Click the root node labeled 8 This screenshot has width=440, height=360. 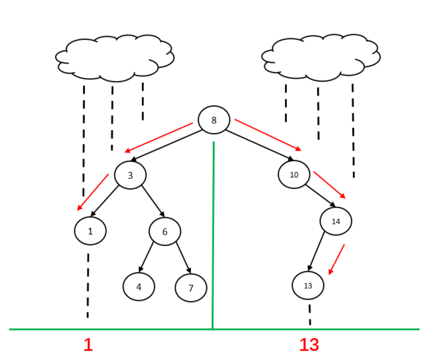[214, 120]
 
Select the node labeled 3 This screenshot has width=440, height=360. [130, 175]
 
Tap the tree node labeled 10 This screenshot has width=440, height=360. [294, 175]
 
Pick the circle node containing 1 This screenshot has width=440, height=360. [90, 231]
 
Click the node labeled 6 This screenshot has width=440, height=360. [165, 232]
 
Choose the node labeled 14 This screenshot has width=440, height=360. [336, 221]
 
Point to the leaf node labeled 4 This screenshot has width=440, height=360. [139, 287]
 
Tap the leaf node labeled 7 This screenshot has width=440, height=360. [191, 288]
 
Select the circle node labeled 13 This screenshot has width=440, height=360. [308, 286]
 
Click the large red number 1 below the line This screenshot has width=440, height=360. [88, 345]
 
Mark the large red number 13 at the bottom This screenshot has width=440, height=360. [309, 345]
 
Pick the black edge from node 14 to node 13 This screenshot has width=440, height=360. [317, 251]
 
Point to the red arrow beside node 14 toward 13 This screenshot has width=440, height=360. [336, 259]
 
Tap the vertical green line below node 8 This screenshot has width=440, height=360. [213, 234]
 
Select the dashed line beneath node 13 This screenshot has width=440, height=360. [309, 315]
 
